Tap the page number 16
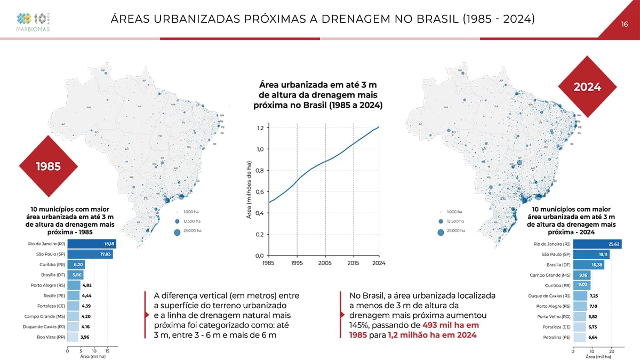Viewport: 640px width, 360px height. pos(625,24)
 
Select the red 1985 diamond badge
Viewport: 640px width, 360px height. pos(48,166)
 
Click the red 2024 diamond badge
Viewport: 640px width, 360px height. pos(587,87)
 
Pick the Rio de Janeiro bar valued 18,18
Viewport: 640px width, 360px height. pos(92,244)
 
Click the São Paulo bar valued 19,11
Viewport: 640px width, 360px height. pos(591,254)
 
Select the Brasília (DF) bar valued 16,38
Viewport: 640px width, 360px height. pos(588,265)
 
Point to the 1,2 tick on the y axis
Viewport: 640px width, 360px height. pos(260,128)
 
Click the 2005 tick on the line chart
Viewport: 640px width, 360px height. pos(325,263)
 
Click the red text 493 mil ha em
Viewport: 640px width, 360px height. pos(450,325)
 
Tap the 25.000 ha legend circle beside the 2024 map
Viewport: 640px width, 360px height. pos(441,231)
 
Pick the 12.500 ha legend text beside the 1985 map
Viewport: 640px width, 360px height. pos(191,221)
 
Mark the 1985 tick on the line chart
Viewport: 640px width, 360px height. pos(269,263)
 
